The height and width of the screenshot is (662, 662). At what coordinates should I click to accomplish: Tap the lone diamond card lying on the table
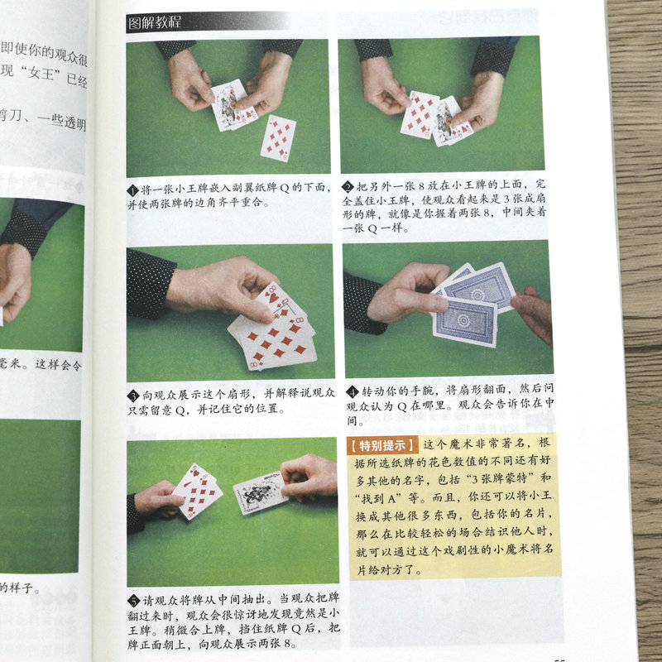click(x=278, y=137)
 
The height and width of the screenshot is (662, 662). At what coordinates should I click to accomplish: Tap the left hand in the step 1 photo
click(x=189, y=81)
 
